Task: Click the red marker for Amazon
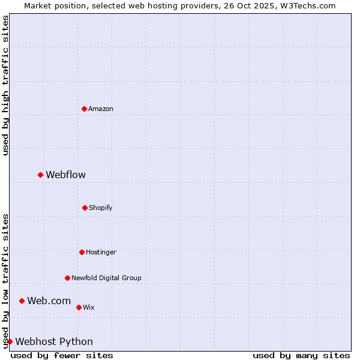[85, 109]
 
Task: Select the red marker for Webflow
[41, 175]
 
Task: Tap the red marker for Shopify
[85, 208]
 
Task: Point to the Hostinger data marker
[82, 252]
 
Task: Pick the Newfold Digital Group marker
[67, 278]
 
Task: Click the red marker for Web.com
[22, 301]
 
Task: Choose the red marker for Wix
[79, 307]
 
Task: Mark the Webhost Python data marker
[10, 341]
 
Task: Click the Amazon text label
[101, 109]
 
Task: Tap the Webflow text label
[66, 175]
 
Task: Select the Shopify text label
[101, 208]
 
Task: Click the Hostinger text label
[101, 252]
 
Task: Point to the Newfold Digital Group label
[106, 278]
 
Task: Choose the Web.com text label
[49, 301]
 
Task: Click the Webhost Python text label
[54, 342]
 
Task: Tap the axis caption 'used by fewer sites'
[62, 355]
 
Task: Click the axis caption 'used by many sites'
[301, 355]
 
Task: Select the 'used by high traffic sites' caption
[5, 85]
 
